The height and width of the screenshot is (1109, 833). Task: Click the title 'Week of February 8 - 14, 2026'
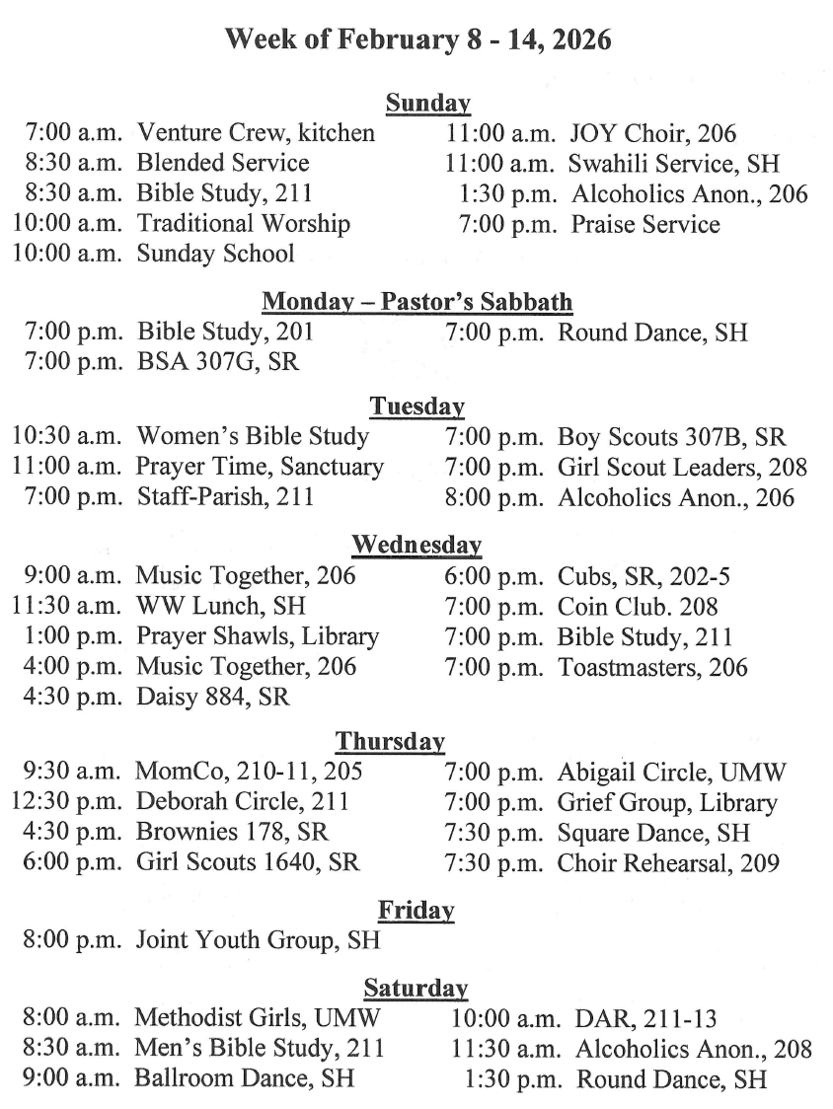[x=417, y=40]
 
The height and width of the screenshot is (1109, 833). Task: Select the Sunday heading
[x=427, y=104]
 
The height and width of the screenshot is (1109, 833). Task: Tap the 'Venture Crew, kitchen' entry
[x=256, y=133]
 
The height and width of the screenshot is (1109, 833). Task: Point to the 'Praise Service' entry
[x=645, y=224]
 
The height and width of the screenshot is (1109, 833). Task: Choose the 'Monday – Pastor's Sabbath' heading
[x=417, y=302]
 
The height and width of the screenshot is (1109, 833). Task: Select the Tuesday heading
[x=417, y=406]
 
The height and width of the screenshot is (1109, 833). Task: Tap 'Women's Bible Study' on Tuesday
[x=253, y=436]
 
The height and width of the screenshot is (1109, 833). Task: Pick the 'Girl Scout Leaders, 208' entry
[x=682, y=467]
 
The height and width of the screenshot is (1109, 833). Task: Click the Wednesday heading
[x=416, y=545]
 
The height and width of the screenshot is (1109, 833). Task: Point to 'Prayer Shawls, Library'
[x=258, y=636]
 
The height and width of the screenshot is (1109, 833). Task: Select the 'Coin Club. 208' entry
[x=638, y=606]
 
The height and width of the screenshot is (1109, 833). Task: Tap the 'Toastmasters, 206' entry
[x=652, y=668]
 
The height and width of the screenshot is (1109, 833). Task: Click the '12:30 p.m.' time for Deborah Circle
[x=68, y=802]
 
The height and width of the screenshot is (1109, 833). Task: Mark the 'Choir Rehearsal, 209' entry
[x=668, y=863]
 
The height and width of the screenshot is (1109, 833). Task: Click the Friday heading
[x=416, y=910]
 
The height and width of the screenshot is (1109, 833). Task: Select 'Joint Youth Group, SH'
[x=258, y=940]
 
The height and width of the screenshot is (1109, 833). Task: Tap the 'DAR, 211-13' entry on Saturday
[x=646, y=1018]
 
